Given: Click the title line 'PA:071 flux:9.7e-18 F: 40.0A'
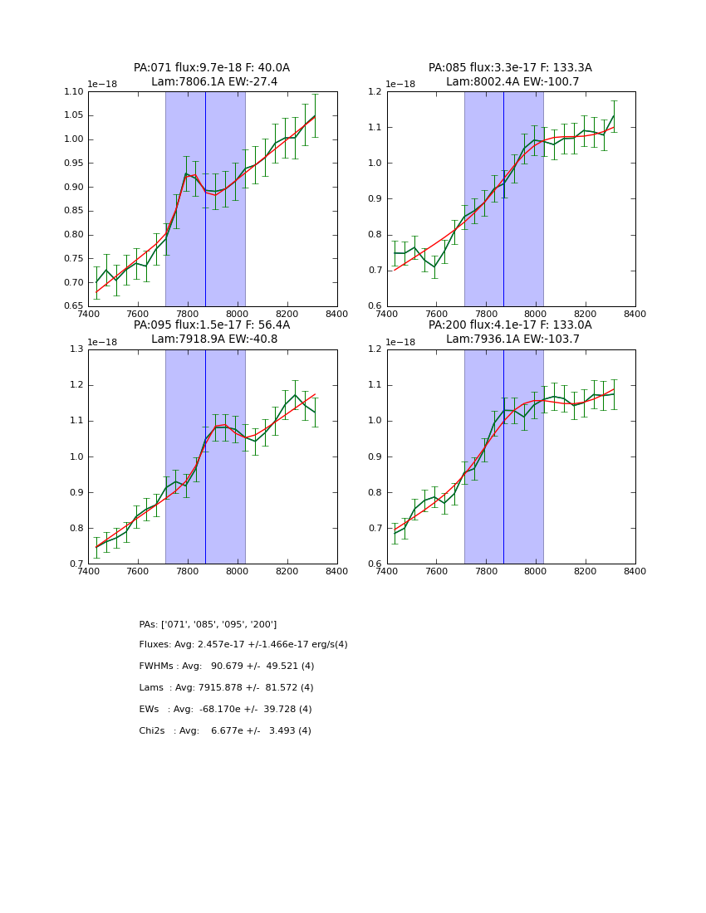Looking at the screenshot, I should (212, 68).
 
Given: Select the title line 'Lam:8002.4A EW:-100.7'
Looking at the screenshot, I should (511, 82).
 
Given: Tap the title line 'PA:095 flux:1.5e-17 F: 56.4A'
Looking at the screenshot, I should (212, 325).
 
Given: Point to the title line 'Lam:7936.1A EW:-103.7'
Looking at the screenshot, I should (511, 339).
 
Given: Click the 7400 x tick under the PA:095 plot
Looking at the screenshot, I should (88, 572).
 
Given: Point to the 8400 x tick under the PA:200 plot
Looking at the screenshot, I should (635, 572).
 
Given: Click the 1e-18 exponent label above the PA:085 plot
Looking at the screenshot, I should (401, 85).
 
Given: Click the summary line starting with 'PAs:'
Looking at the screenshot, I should (208, 624).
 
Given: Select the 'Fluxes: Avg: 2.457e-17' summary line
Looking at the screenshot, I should (243, 645).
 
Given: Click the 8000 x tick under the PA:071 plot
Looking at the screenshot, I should (238, 315).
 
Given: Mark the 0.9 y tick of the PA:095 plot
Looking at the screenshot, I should (78, 493).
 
